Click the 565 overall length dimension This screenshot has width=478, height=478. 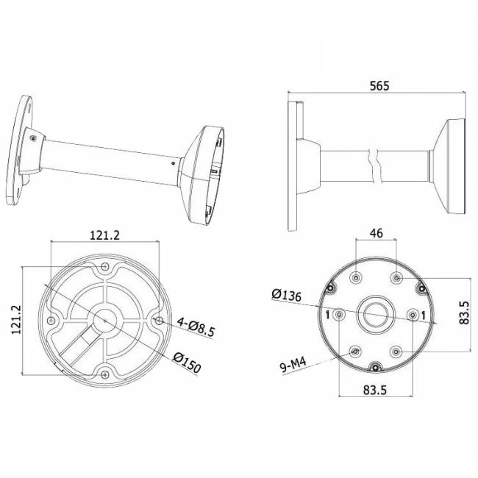click(x=379, y=85)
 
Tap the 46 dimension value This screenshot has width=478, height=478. click(x=377, y=233)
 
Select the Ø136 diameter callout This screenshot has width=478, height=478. click(x=286, y=295)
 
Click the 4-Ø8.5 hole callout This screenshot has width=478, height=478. click(x=196, y=327)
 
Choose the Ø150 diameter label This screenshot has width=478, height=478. click(x=187, y=363)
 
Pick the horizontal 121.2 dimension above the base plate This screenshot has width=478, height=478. click(x=104, y=235)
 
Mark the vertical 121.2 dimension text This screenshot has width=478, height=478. click(x=16, y=319)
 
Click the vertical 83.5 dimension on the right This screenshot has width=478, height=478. click(x=464, y=313)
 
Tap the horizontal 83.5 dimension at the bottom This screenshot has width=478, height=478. click(x=374, y=390)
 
